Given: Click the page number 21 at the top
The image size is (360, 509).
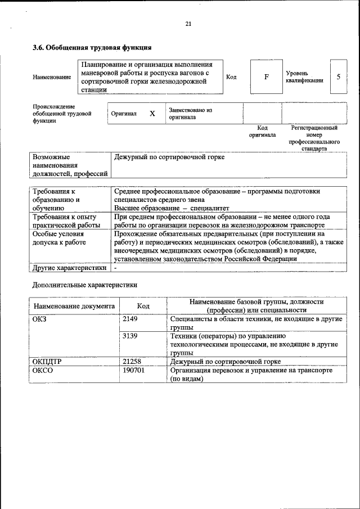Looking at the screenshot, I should (188, 24).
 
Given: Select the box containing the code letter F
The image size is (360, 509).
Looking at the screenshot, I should (267, 76).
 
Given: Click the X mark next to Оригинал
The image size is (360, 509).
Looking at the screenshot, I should (152, 114).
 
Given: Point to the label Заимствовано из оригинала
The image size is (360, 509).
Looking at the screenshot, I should (190, 114).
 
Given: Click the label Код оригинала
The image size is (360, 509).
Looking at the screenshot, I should (262, 132).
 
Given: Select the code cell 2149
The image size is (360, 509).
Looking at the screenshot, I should (130, 319).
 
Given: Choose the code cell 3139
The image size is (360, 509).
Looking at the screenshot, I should (130, 336).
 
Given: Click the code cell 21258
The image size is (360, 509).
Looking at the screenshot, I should (132, 362).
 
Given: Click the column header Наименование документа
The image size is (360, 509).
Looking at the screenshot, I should (74, 306).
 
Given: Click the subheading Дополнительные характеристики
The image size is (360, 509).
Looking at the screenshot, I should (84, 285).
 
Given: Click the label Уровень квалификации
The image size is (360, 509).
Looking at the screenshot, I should (304, 76).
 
